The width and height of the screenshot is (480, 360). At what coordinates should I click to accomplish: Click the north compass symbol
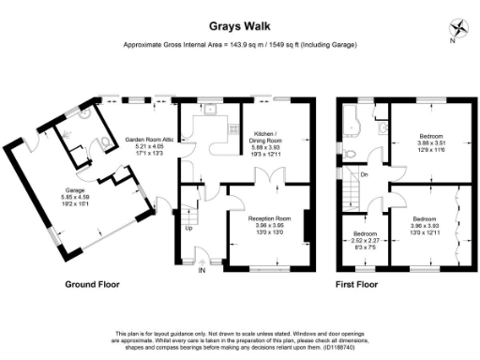point(456,29)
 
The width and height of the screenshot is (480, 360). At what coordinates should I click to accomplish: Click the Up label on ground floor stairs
point(188,228)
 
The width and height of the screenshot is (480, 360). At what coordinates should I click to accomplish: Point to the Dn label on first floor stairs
point(365,173)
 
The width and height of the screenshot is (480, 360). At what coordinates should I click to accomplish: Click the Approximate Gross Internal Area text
point(240,45)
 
